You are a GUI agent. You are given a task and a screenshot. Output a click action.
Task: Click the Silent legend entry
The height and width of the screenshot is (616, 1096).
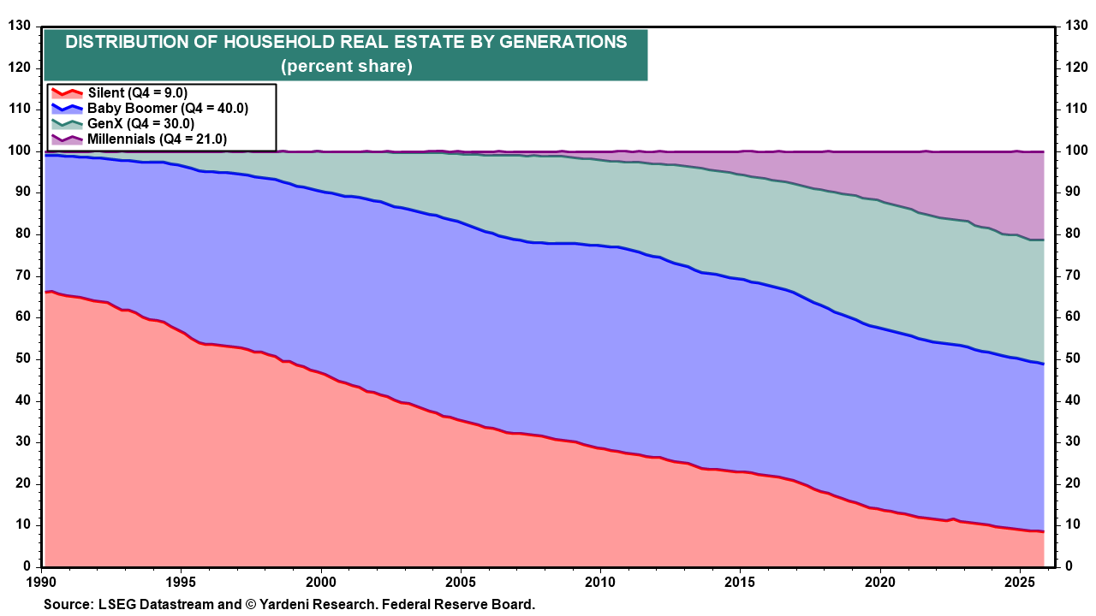[x=137, y=93]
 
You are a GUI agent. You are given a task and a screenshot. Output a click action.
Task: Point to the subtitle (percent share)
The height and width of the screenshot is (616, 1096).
[x=346, y=67]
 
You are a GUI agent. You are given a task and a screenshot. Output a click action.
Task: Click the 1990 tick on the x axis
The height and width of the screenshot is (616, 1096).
[x=43, y=580]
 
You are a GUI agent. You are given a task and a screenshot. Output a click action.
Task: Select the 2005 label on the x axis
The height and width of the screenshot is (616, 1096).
[x=461, y=580]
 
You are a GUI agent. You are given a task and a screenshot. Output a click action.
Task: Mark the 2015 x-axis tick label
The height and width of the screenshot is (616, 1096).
[x=740, y=580]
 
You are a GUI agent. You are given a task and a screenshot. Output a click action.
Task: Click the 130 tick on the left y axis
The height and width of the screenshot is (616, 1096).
[x=20, y=27]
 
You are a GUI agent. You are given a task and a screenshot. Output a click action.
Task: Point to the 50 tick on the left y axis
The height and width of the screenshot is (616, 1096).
[x=23, y=358]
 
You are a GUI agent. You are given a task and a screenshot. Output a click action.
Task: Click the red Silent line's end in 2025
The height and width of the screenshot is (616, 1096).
[x=1042, y=531]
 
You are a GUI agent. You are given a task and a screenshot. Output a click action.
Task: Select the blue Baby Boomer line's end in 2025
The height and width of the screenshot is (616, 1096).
[x=1042, y=364]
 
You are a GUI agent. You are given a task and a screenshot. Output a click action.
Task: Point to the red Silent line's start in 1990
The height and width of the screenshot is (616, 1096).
[x=46, y=293]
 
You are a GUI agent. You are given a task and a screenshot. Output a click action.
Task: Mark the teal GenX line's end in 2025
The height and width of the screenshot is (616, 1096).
[x=1042, y=240]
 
